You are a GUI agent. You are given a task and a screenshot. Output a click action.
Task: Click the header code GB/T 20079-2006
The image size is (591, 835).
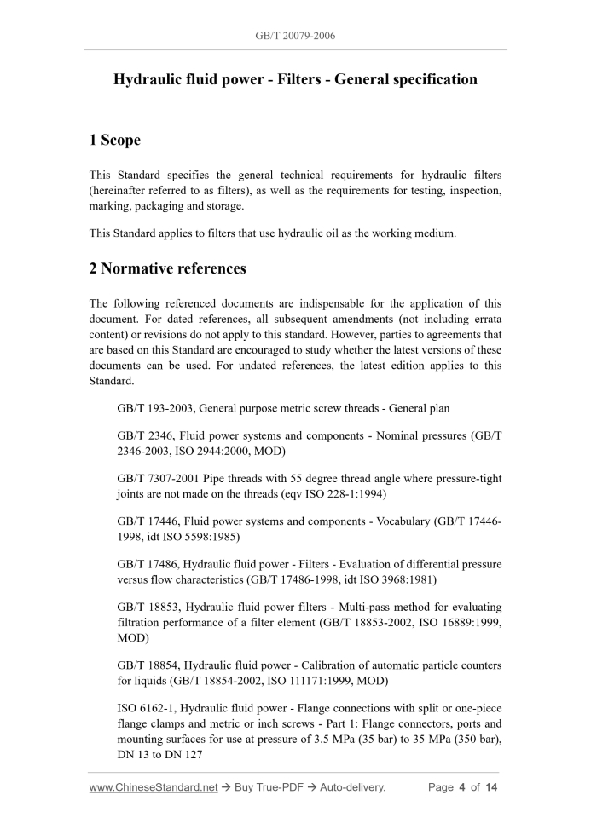tap(295, 36)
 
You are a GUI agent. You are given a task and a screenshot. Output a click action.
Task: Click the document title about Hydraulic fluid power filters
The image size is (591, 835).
tap(295, 79)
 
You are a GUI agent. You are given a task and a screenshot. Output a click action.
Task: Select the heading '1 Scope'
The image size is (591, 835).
tap(115, 140)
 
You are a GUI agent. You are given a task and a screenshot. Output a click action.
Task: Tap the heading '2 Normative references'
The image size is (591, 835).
tap(167, 268)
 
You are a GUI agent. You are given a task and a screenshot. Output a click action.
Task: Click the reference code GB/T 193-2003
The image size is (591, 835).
tap(155, 409)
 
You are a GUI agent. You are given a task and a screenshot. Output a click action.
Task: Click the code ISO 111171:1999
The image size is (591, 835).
tap(327, 682)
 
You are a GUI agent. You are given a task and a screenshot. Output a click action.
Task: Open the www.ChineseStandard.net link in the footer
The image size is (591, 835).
tap(154, 787)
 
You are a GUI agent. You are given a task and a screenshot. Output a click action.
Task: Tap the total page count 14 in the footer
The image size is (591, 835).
tap(490, 787)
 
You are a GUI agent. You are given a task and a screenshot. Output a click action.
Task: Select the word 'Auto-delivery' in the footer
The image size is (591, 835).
tap(353, 787)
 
